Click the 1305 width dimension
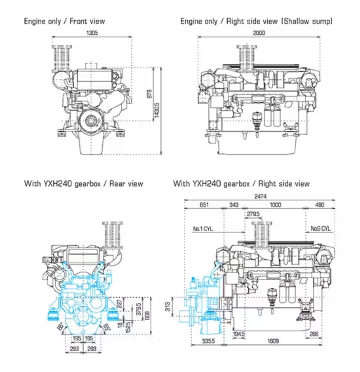[x=92, y=33]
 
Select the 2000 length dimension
[x=259, y=33]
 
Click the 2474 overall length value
[x=261, y=196]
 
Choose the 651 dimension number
[x=204, y=205]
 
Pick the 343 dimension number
[x=234, y=205]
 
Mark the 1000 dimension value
[x=274, y=205]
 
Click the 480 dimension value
[x=320, y=205]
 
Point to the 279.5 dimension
[x=253, y=215]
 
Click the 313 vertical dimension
[x=167, y=307]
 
